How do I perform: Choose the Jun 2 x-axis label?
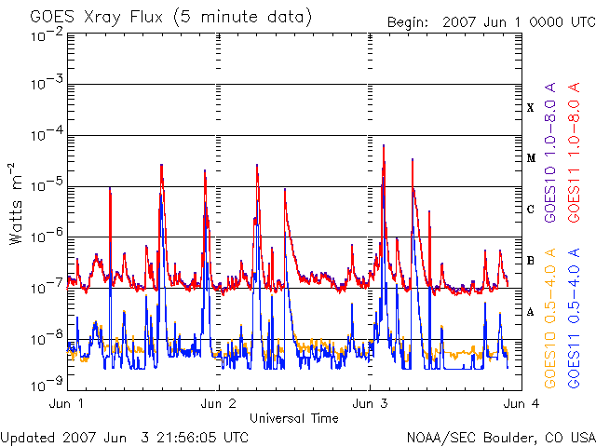point(219,404)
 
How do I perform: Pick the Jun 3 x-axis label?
point(371,404)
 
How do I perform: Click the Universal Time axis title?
point(294,418)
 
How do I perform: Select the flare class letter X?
point(530,108)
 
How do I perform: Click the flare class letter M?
point(530,158)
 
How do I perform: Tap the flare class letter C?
point(530,210)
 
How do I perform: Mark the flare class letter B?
point(530,261)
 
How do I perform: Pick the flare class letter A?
point(530,312)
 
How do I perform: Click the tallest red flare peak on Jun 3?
point(384,145)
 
